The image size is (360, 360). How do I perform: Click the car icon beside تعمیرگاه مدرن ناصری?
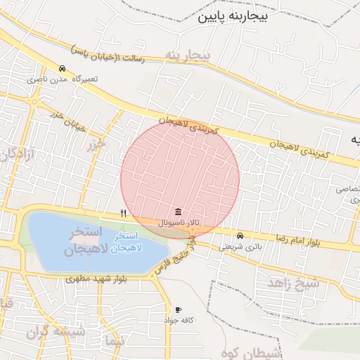click(x=63, y=69)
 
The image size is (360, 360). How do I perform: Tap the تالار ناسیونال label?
click(x=180, y=223)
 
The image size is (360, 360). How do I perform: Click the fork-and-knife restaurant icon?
click(x=123, y=213)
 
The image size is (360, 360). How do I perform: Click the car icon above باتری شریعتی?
click(x=240, y=236)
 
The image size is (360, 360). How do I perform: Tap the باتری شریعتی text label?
click(x=239, y=246)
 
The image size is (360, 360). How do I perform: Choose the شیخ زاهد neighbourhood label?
click(x=293, y=283)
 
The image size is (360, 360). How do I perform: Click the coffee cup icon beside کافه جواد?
click(x=178, y=309)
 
